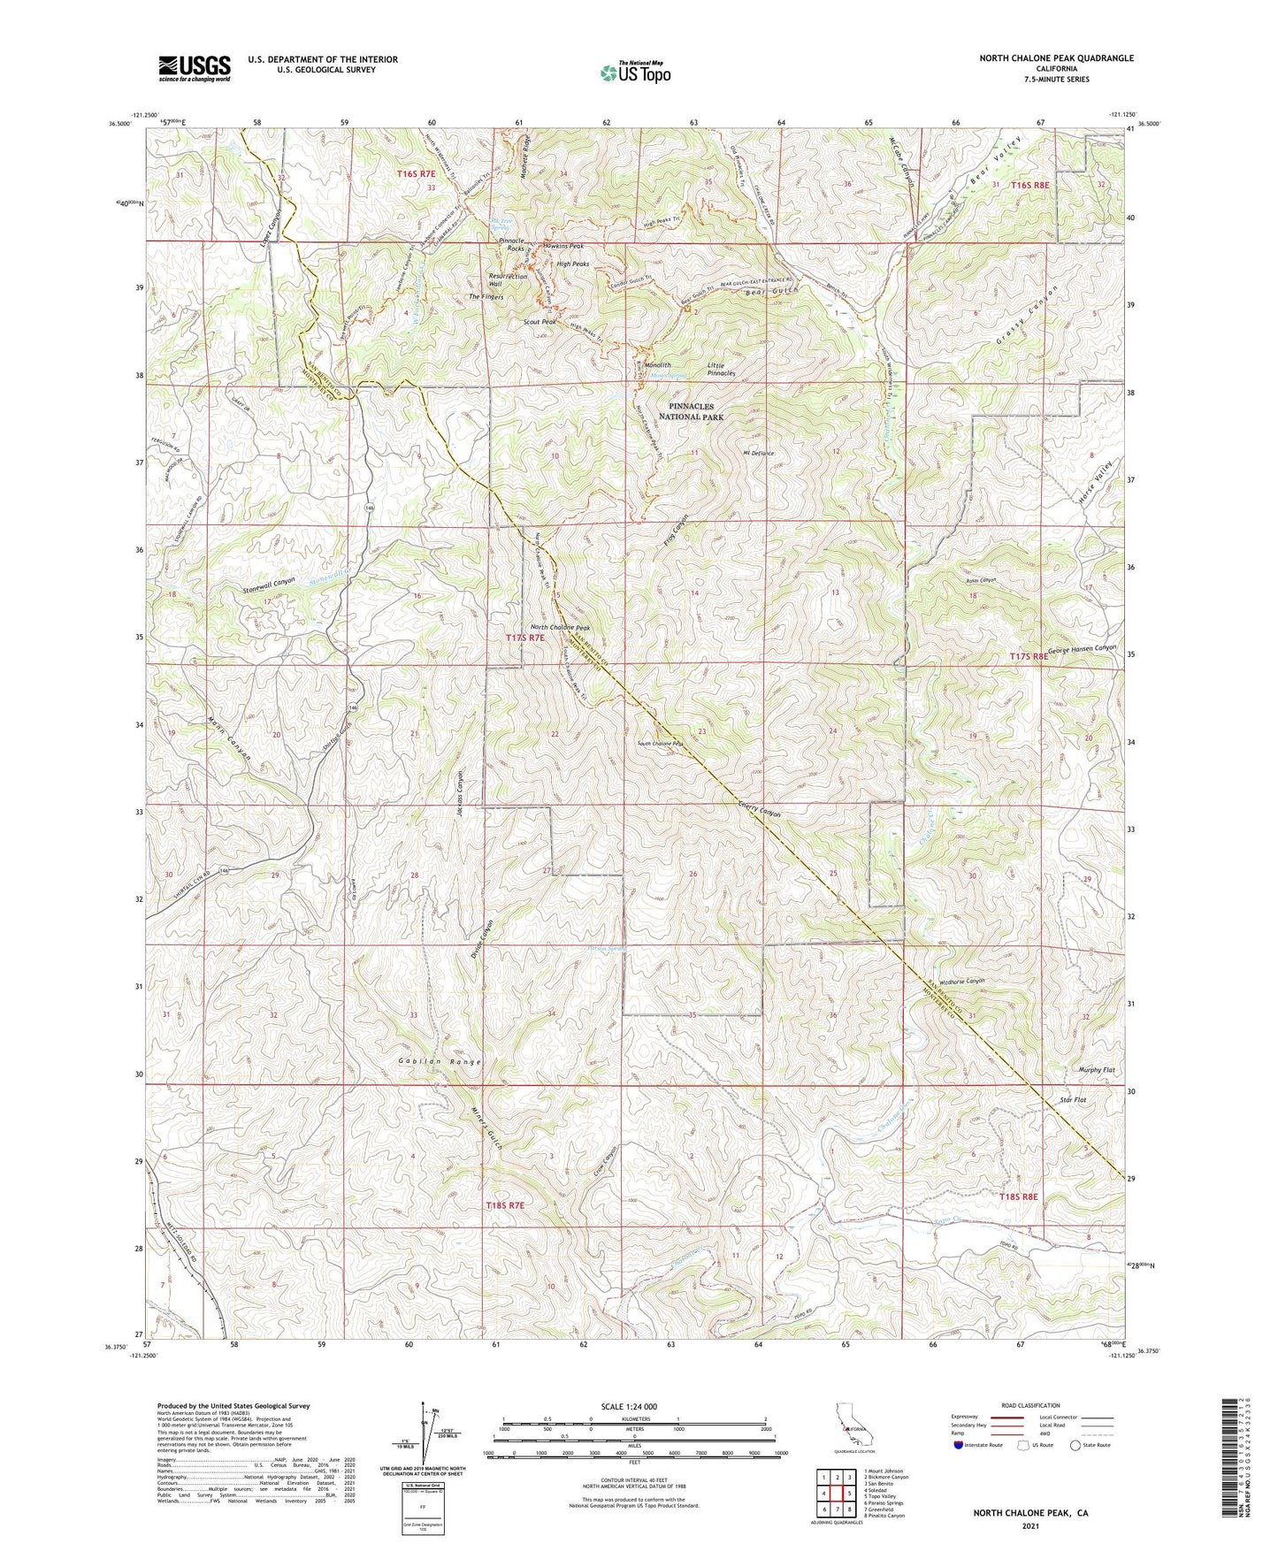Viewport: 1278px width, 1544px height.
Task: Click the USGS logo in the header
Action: pos(195,67)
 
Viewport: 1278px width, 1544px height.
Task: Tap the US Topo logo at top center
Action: pos(634,73)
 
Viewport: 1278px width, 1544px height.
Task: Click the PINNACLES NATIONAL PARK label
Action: pos(691,411)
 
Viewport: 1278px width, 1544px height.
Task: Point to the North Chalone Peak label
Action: pos(560,628)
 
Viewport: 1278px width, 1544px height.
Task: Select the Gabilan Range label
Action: pos(439,1061)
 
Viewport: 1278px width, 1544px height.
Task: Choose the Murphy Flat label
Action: pos(1097,1070)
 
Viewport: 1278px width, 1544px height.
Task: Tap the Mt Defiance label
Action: pos(758,453)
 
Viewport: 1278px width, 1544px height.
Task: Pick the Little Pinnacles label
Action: pos(721,369)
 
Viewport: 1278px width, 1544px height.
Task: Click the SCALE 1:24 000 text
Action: pos(629,1406)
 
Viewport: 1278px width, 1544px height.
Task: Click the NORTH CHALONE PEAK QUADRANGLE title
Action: pos(1056,58)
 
